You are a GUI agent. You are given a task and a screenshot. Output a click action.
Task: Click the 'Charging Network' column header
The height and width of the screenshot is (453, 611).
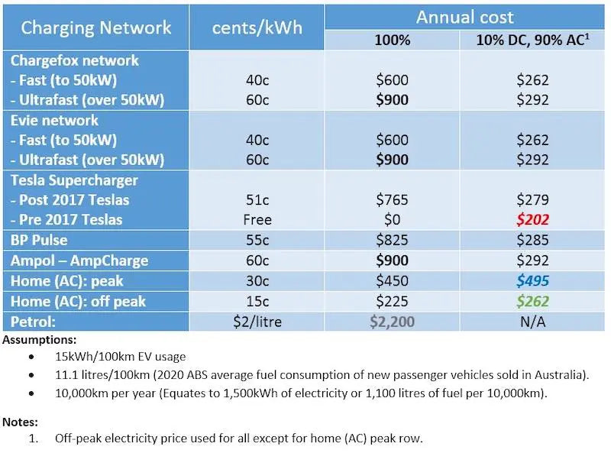(x=96, y=28)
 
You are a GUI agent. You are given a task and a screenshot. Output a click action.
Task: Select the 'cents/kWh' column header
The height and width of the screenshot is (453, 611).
(x=257, y=28)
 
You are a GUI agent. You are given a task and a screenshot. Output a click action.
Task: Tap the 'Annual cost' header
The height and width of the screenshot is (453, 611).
(x=465, y=17)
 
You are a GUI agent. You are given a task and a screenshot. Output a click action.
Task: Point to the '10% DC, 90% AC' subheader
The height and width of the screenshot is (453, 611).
(x=532, y=40)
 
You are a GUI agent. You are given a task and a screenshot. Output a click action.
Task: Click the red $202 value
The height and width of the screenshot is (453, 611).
(x=532, y=220)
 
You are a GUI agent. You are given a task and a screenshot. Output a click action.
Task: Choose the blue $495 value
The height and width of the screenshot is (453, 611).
(x=532, y=280)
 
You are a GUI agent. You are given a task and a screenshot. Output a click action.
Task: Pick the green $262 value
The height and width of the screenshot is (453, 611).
(x=532, y=301)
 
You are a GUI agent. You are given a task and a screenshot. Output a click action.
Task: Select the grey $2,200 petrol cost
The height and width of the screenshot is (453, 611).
(x=393, y=322)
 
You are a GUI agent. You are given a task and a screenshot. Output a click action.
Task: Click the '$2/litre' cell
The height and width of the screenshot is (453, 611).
(x=257, y=322)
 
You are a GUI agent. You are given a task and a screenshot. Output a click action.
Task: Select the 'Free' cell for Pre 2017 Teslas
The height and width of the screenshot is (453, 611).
(x=257, y=220)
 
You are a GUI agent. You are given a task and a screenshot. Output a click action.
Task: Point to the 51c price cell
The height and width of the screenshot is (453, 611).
(x=257, y=200)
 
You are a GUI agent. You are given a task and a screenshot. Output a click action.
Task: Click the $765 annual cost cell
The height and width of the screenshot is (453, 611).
(x=393, y=200)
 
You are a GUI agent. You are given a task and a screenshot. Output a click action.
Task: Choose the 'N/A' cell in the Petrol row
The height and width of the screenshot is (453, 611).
(x=532, y=322)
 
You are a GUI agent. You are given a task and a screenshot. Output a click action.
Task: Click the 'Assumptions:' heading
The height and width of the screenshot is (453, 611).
(x=39, y=338)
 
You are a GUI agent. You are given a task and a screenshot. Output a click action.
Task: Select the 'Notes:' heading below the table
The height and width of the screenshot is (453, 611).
(x=21, y=421)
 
